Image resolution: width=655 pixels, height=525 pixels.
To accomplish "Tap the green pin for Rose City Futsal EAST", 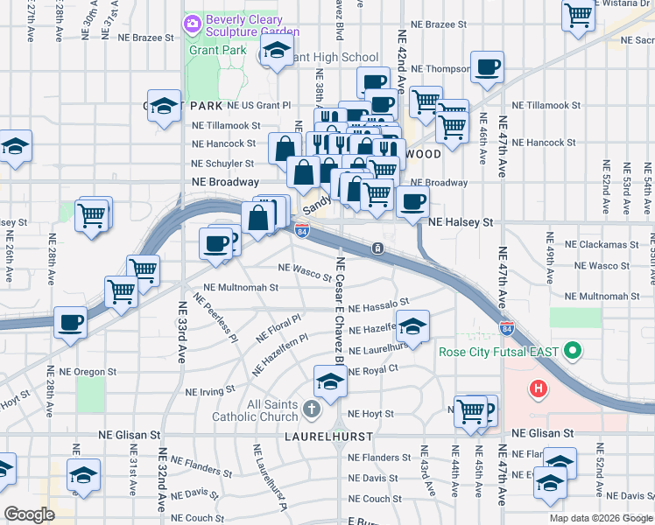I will pos(574,353).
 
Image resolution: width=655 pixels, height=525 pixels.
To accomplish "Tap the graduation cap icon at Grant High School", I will pos(276,53).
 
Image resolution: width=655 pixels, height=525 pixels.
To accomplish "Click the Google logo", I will pos(29,514).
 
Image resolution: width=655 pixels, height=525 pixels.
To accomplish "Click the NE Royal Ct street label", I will pos(373,370).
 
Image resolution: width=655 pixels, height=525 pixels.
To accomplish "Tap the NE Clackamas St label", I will pos(604,244).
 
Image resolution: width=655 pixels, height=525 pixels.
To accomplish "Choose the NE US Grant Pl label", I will pos(258,105).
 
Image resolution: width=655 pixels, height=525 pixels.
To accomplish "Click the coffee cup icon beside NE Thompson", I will pos(487,66).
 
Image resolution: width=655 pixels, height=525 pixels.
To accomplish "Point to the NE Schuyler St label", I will pos(222,164).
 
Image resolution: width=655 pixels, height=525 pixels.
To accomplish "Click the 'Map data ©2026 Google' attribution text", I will pos(601,518).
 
